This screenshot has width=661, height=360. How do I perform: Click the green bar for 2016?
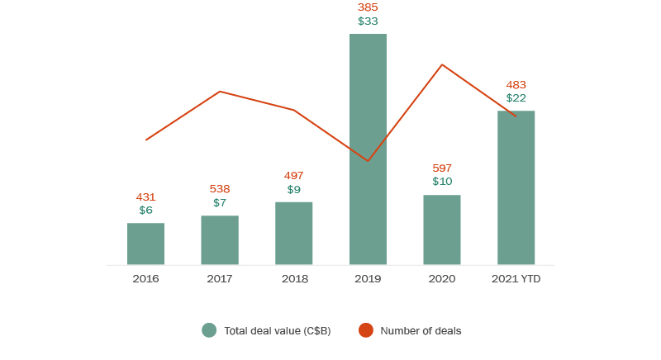point(145,244)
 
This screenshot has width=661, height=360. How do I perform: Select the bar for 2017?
point(220,240)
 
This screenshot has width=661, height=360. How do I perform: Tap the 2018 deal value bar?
point(293,233)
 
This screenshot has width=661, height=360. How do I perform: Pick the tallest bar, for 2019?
point(368,149)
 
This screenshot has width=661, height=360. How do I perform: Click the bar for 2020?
point(442,230)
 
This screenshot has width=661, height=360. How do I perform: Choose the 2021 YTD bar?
point(516,187)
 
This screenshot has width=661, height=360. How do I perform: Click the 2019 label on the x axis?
point(368,279)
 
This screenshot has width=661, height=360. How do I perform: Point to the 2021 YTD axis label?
point(516,279)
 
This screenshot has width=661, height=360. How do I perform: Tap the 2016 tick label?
point(145,279)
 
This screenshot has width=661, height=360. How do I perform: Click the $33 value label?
point(368,21)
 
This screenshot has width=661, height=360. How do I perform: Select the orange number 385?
point(368,7)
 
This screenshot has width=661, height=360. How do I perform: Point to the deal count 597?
point(442,168)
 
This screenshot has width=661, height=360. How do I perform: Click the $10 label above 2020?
point(442,182)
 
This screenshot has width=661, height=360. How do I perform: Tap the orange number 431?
point(145,197)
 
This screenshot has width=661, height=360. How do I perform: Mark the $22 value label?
point(516,98)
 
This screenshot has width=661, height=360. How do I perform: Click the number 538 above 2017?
point(220,188)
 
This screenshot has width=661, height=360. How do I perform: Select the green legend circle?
point(209,330)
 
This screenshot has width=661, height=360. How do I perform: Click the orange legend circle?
point(366,330)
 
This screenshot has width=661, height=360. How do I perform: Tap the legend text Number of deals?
point(421,330)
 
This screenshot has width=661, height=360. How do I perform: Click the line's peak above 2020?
point(442,64)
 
